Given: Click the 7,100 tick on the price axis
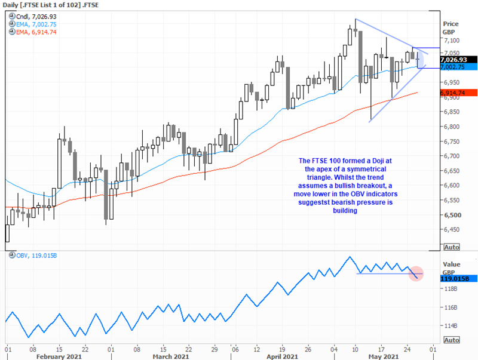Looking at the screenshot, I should coord(451,41).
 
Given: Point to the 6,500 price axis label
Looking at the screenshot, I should coord(451,216).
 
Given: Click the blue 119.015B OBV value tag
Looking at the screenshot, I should coord(456,278).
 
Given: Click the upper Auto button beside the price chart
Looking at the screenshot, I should coord(451,247).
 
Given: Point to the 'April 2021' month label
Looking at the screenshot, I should coord(282,356).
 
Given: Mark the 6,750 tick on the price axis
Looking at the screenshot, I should coord(451,141).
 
